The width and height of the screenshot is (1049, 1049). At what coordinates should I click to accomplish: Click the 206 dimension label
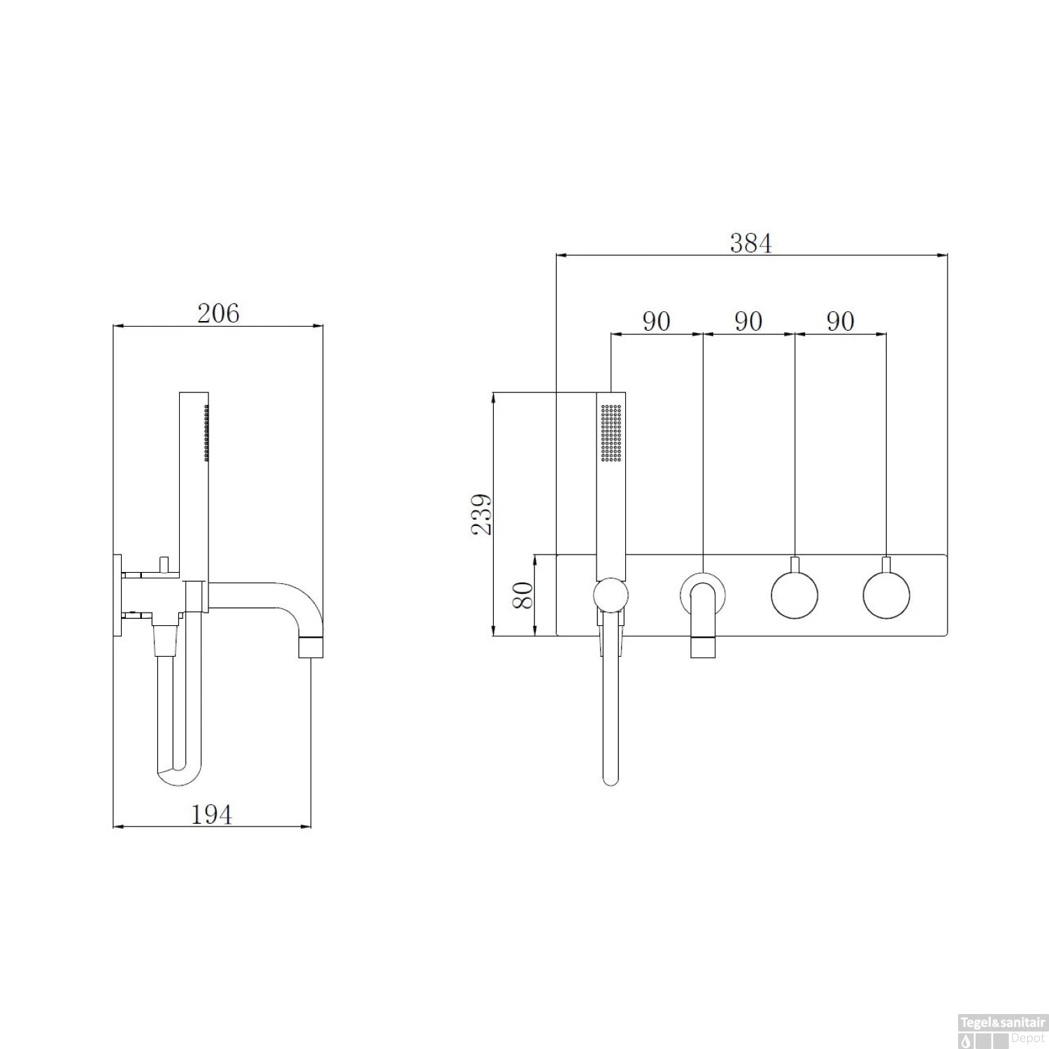coord(218,313)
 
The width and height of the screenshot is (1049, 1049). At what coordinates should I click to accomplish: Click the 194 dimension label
coord(211,814)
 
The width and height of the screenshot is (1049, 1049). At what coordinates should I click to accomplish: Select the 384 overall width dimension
coord(751,243)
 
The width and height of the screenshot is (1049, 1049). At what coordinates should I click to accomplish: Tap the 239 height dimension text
coord(481,514)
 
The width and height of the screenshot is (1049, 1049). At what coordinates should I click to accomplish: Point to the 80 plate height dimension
coord(524,595)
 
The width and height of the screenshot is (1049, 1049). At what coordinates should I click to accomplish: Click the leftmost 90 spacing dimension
coord(657,321)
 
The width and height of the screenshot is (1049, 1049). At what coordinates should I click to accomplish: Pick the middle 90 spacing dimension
coord(748,321)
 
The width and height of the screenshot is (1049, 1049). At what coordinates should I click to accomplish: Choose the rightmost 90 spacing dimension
coord(841,321)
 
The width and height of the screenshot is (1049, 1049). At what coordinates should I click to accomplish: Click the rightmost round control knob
coord(887,595)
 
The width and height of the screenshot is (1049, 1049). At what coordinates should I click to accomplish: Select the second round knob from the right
coord(794,595)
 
